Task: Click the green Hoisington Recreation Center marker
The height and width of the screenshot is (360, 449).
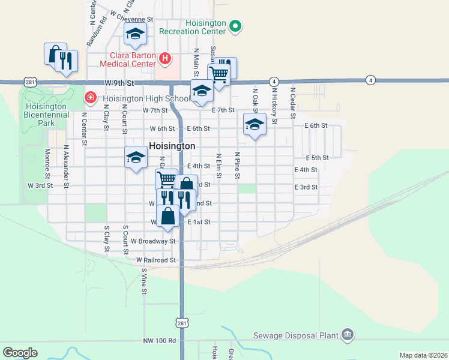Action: [235, 26]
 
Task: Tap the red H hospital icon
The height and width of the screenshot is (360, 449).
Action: [166, 58]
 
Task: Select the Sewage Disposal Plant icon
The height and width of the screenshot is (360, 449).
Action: [347, 334]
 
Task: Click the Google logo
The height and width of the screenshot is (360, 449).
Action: [20, 352]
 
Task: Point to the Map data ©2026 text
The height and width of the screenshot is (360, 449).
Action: [423, 355]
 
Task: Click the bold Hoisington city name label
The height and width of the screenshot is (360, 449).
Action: [172, 146]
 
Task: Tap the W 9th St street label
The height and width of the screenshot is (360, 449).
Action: [118, 83]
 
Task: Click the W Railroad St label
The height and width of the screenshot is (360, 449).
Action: [155, 260]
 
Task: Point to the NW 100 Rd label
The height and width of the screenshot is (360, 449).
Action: [160, 340]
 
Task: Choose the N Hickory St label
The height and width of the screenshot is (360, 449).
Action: [274, 104]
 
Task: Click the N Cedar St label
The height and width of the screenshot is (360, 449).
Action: [293, 106]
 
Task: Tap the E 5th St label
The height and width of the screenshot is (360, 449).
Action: [317, 157]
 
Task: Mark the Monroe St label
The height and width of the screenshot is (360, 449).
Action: [47, 164]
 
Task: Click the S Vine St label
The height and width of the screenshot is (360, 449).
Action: [144, 281]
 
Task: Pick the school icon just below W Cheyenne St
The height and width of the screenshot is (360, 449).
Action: [136, 35]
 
